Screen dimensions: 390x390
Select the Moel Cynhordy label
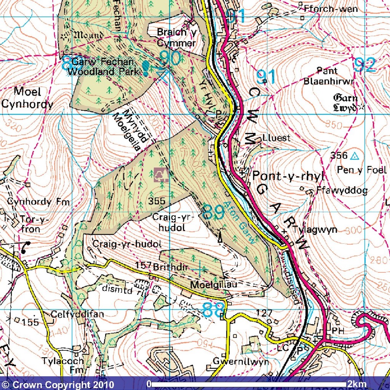(x=33, y=97)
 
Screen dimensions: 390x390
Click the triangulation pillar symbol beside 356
(x=355, y=155)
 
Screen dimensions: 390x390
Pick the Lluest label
(x=276, y=138)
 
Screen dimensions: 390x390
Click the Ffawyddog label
(x=342, y=191)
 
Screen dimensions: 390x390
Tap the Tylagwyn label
(x=315, y=230)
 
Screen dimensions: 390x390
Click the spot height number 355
(x=157, y=201)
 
